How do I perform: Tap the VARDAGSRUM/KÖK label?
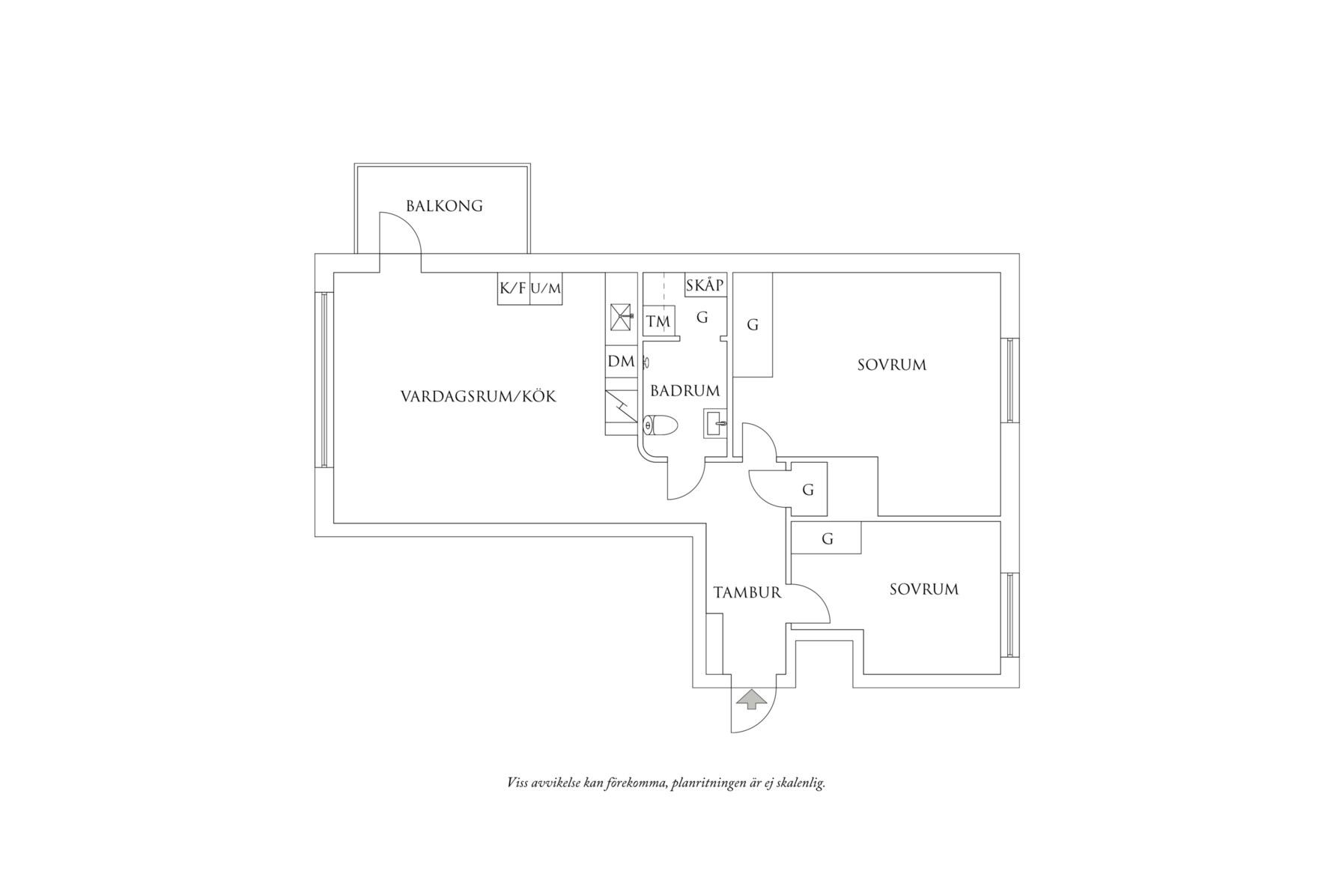click(479, 397)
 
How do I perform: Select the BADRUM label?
click(684, 391)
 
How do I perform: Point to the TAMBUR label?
click(747, 593)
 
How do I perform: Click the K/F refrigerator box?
click(513, 288)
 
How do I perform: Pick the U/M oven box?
click(546, 288)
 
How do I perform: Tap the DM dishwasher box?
click(621, 362)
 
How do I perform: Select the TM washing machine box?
click(658, 322)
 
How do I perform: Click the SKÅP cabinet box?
click(705, 285)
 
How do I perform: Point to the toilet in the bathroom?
click(662, 425)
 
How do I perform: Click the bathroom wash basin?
click(714, 424)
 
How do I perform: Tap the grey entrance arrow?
click(752, 700)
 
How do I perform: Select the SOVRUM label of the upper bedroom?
click(891, 365)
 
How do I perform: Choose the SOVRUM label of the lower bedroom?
click(923, 589)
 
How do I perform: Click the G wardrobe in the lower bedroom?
click(827, 538)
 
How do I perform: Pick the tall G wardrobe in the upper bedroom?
click(753, 325)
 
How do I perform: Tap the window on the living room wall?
click(324, 380)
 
